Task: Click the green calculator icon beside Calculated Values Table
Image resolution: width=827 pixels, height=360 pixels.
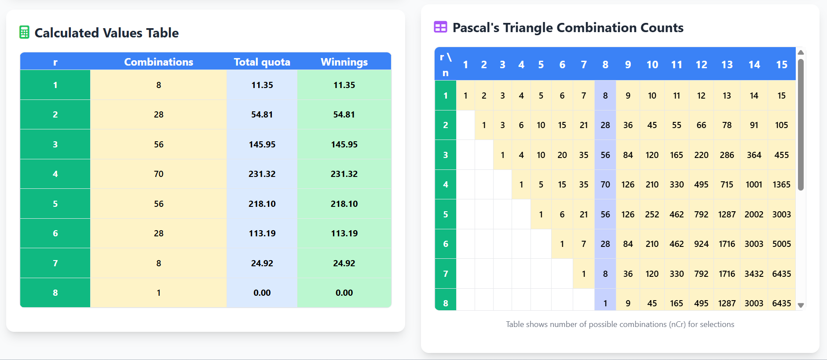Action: click(25, 33)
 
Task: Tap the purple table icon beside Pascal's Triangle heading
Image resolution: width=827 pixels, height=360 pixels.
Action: click(440, 27)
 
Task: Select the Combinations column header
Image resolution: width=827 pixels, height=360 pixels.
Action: click(158, 62)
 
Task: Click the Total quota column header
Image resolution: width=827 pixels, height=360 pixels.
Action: click(262, 62)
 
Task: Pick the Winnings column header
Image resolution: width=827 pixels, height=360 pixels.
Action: click(344, 62)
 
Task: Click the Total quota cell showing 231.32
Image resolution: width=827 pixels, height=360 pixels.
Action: click(262, 174)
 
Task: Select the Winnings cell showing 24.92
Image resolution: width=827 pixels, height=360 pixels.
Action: click(344, 263)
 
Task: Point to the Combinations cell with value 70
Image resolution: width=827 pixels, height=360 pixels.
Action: click(158, 174)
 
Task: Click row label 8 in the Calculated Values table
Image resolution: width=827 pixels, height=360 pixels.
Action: click(55, 293)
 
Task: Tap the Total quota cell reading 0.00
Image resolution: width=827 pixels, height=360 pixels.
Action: click(262, 293)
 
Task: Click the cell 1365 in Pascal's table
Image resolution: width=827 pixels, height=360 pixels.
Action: click(781, 184)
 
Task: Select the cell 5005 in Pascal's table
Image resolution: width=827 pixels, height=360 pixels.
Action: click(781, 244)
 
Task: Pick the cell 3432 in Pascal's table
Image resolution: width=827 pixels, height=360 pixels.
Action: click(754, 274)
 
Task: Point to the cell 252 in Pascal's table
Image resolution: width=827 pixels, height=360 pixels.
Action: click(652, 214)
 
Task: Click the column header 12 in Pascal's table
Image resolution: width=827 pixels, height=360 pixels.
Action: click(701, 65)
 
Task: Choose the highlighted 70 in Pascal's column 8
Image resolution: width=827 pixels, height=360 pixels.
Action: click(605, 184)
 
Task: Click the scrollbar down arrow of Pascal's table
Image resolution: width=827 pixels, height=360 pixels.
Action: click(801, 305)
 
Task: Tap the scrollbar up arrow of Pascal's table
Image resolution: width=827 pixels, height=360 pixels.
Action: click(801, 52)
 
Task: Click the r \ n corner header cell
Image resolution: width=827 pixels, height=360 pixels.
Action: click(446, 65)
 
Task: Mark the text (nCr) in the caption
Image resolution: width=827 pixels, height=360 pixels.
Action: click(677, 324)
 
